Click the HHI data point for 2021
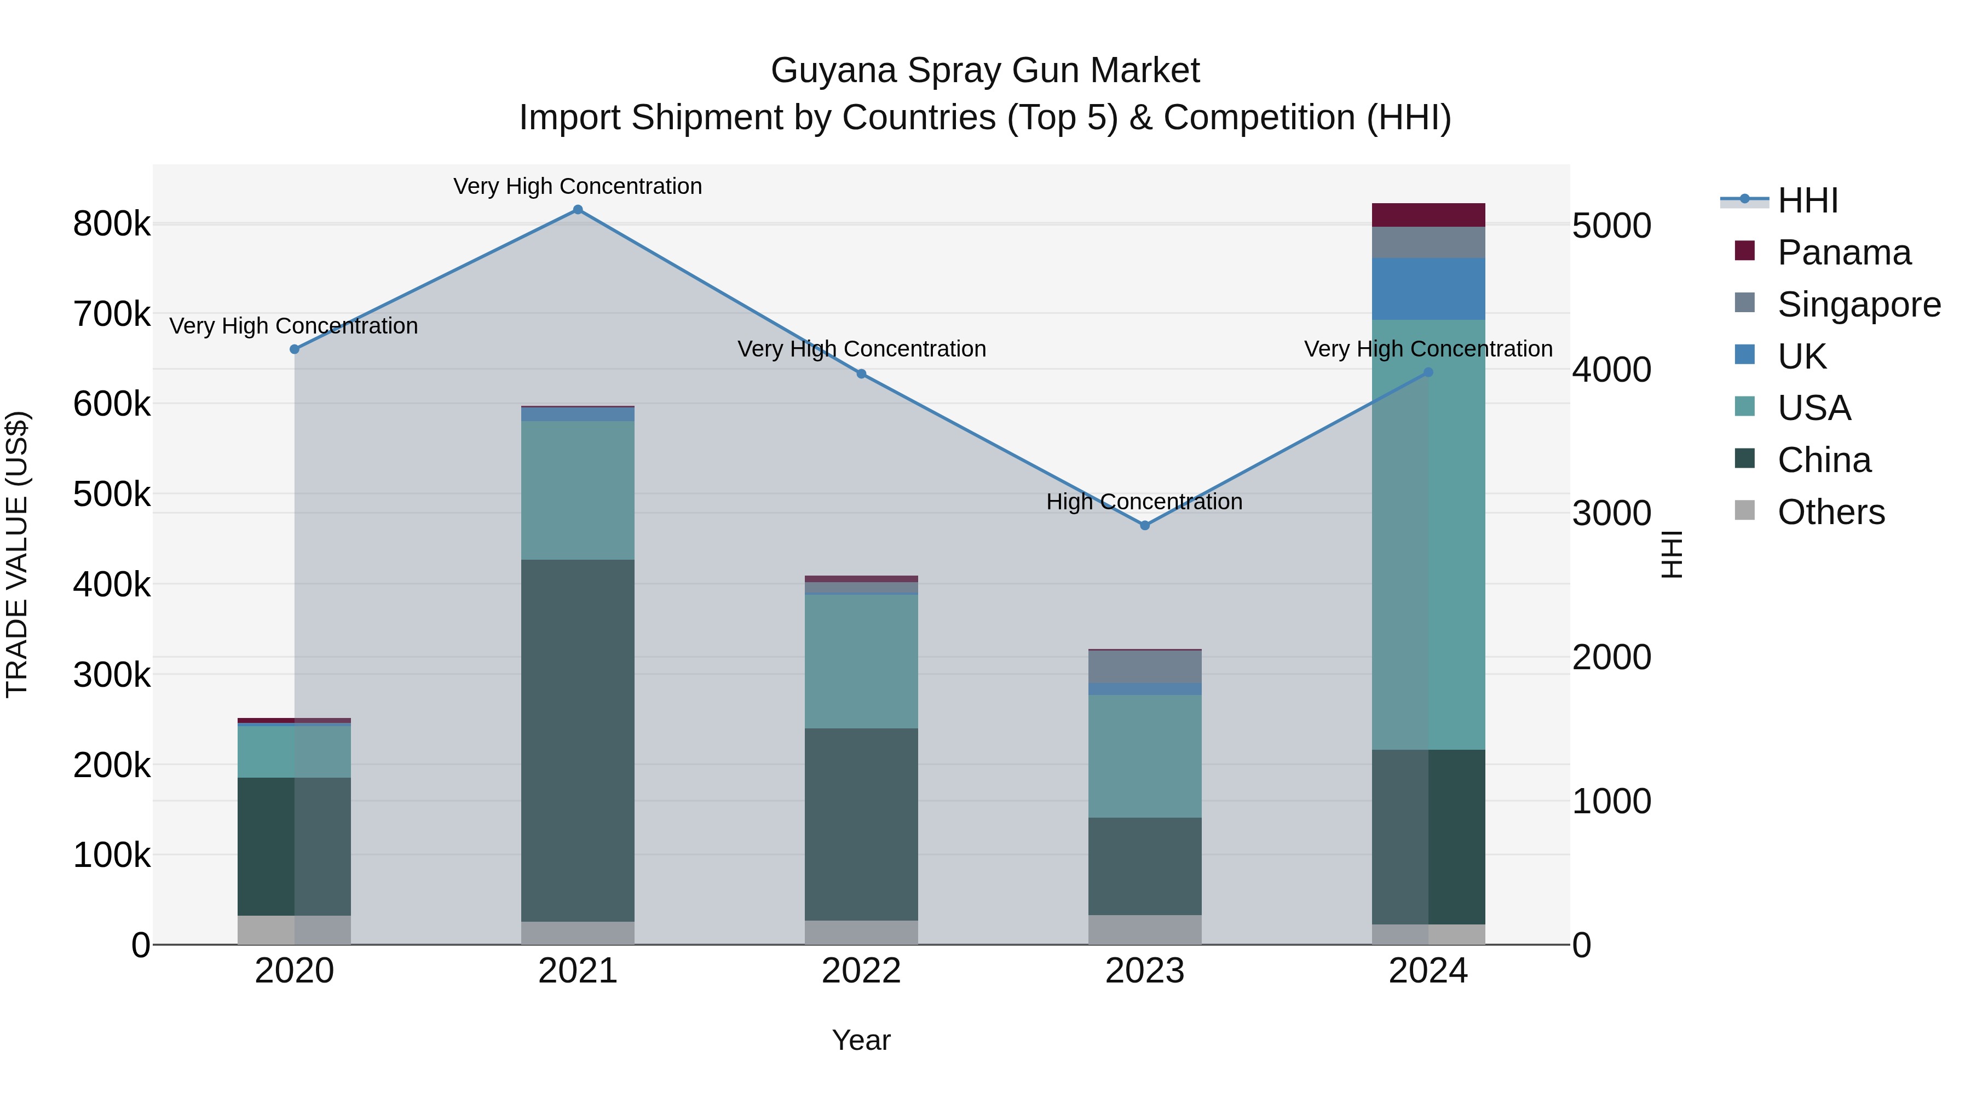click(578, 210)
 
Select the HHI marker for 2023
click(1145, 526)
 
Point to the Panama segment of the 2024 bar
click(1428, 215)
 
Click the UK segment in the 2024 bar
click(1428, 289)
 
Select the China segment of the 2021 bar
click(578, 740)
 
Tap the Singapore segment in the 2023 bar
click(1145, 666)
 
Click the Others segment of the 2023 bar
click(1145, 930)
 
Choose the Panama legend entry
click(1844, 252)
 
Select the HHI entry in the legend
click(1807, 200)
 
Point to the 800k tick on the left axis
click(112, 224)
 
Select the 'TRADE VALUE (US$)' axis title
click(18, 554)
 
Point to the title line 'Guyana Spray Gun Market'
click(985, 71)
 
